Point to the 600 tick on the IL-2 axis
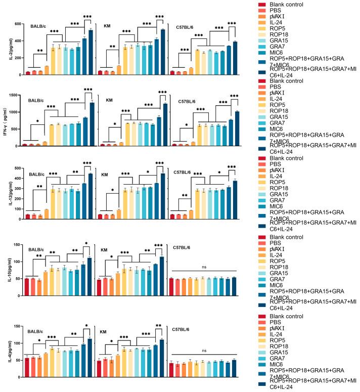17,24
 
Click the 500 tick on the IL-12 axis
17,168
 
